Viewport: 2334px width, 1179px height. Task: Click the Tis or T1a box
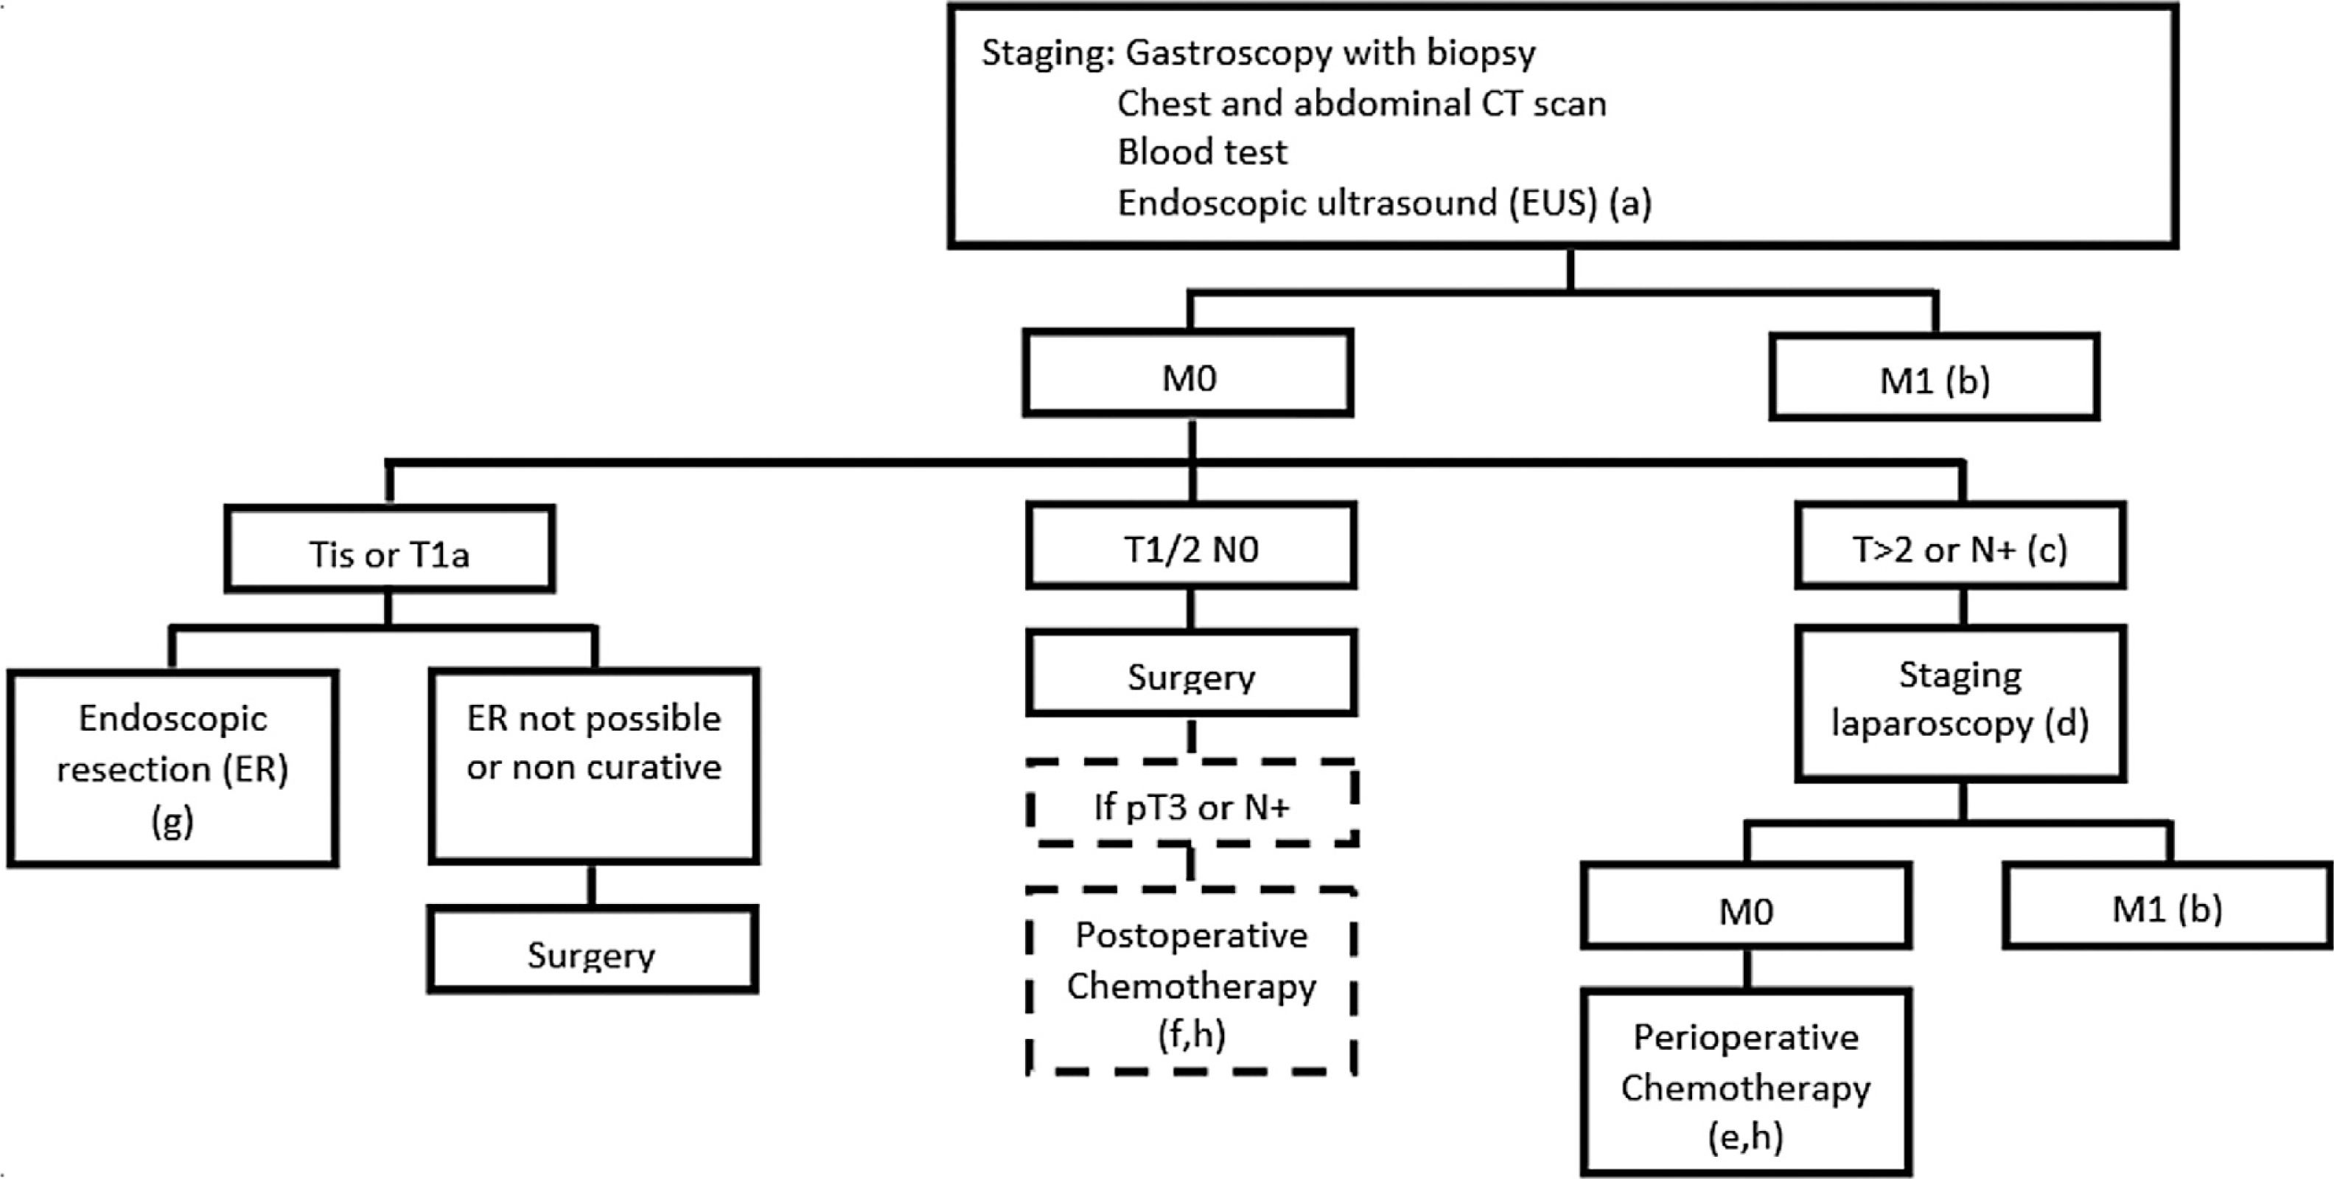click(390, 549)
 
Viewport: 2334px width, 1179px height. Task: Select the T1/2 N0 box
click(1192, 546)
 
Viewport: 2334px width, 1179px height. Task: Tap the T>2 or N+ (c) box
click(1960, 546)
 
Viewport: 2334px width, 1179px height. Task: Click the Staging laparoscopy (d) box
click(1960, 703)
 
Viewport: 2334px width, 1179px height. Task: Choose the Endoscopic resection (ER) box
click(172, 768)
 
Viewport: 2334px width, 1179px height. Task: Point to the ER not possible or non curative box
click(593, 766)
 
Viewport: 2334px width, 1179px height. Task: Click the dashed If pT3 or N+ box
click(1192, 804)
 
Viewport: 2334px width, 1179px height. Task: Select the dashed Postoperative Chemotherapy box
click(1192, 982)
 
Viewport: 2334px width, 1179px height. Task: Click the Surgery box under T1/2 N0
click(1192, 673)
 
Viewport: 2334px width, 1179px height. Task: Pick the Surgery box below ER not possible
click(593, 950)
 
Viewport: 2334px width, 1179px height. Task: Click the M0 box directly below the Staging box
click(1189, 372)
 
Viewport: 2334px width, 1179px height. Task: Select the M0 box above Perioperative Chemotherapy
click(1746, 905)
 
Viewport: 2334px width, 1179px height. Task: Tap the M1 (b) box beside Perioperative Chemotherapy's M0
click(2168, 905)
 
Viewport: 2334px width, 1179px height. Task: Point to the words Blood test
click(1201, 152)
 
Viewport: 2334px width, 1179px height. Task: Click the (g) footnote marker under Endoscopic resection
click(172, 821)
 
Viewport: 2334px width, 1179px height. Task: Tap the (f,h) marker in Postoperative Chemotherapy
click(1192, 1034)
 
